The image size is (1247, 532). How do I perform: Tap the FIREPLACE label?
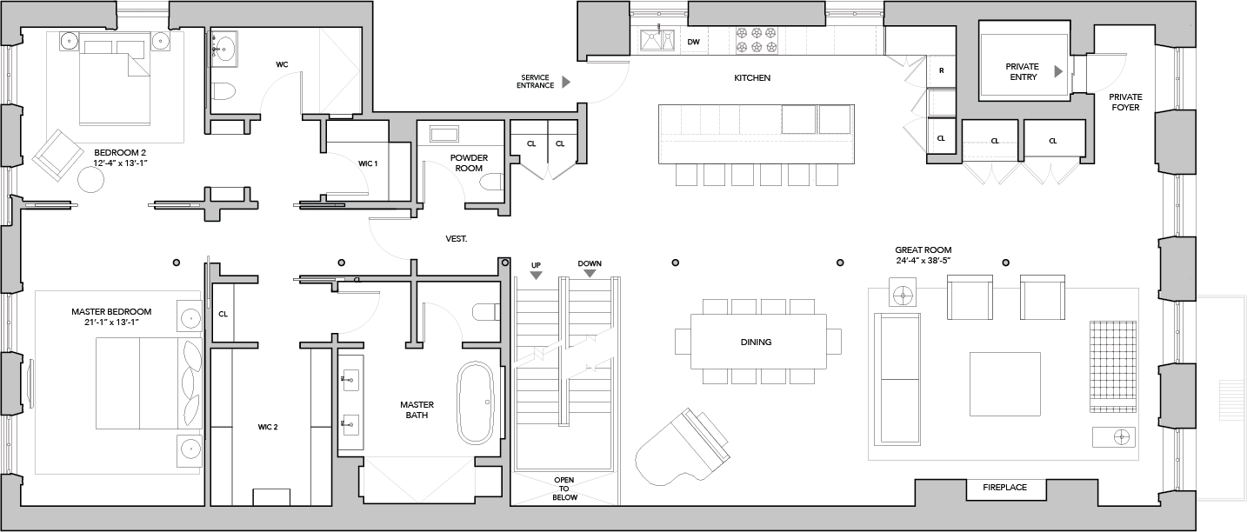tap(1005, 488)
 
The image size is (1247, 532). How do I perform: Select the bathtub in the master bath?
tap(476, 402)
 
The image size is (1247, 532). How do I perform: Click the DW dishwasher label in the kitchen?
tap(693, 42)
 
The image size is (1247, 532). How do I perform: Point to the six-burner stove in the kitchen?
tap(757, 40)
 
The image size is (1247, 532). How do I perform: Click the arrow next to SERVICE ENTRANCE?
tap(566, 83)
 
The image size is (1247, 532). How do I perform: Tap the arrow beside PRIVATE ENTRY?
tap(1058, 71)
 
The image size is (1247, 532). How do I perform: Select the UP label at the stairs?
tap(536, 265)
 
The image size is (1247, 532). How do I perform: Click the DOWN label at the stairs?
tap(590, 263)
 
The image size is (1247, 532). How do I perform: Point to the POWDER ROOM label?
tap(469, 163)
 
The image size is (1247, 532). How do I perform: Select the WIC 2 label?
tap(268, 428)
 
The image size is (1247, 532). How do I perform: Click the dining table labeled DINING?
tap(758, 342)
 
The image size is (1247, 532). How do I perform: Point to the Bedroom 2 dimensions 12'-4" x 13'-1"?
tap(120, 163)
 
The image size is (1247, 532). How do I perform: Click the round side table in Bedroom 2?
tap(90, 180)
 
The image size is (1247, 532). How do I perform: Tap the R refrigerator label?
tap(942, 70)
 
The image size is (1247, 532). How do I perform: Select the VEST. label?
tap(457, 239)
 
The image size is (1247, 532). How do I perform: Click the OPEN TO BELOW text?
tap(564, 489)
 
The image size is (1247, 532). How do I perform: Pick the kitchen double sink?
tap(657, 40)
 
